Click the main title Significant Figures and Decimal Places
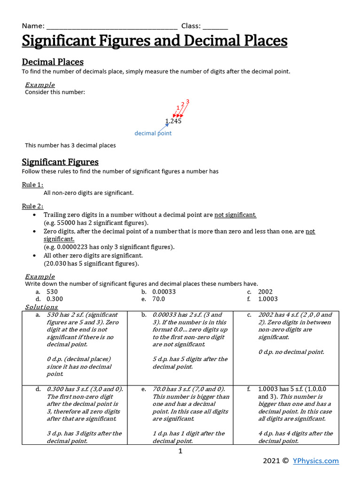coord(155,41)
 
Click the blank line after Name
coord(112,27)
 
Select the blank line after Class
coord(215,27)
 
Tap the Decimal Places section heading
coord(53,62)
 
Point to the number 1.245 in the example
coord(173,121)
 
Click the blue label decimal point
coord(153,133)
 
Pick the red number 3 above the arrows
coord(188,102)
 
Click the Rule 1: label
coord(36,185)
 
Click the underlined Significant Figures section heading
coord(60,162)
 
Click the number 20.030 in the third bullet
coord(55,264)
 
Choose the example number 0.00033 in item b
coord(164,292)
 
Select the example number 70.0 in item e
coord(158,299)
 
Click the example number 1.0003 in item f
coord(268,299)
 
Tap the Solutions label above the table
coord(41,307)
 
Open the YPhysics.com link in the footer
coord(315,461)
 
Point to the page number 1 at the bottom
coord(180,451)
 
